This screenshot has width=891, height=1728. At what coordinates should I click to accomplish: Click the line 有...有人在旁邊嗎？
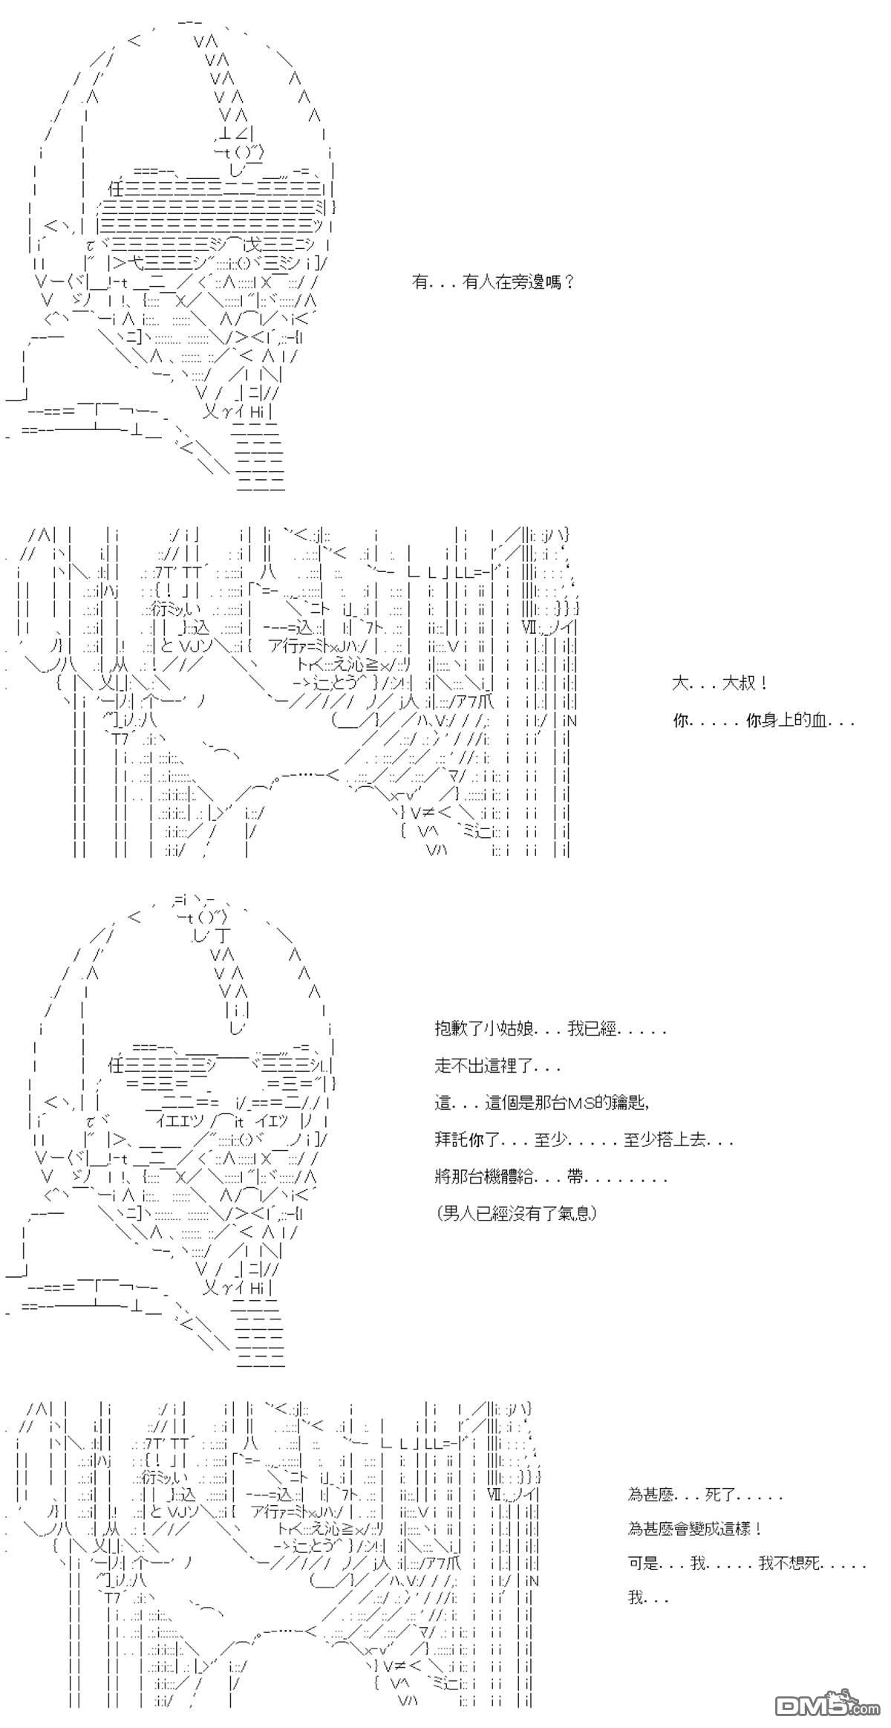coord(493,282)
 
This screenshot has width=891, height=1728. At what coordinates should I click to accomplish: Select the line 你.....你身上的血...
coord(764,721)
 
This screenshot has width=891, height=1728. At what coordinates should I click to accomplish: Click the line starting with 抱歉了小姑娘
coord(550,1029)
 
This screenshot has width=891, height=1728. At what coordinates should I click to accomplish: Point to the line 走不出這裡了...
coord(497,1066)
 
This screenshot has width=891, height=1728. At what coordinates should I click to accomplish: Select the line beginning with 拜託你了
coord(584,1140)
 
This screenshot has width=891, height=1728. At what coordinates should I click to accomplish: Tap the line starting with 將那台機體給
coord(550,1177)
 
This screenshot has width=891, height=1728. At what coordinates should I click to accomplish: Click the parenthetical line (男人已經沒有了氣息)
coord(517,1213)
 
